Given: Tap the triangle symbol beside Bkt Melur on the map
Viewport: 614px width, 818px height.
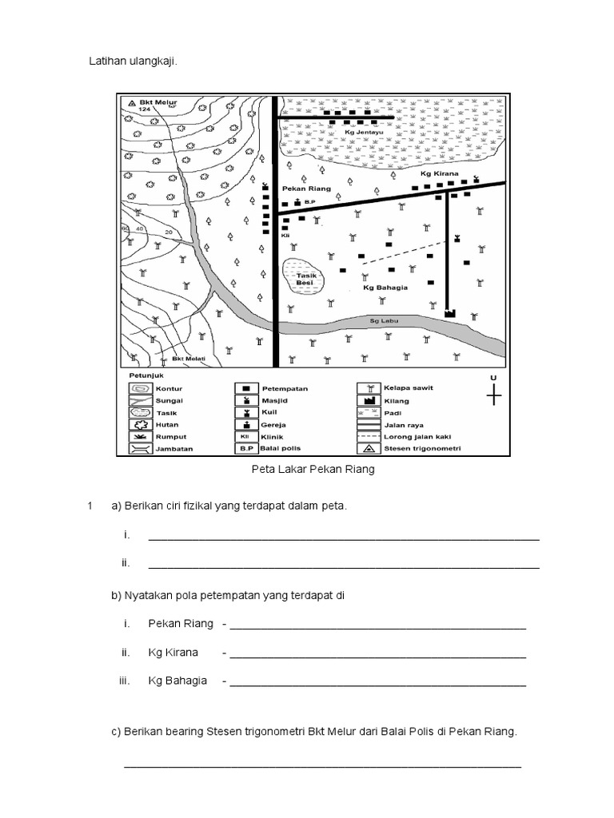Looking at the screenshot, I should point(132,103).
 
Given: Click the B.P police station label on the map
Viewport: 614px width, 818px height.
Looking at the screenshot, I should point(311,202).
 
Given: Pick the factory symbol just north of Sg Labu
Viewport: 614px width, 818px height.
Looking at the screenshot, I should point(449,313).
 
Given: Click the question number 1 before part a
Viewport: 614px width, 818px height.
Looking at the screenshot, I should point(92,506).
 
